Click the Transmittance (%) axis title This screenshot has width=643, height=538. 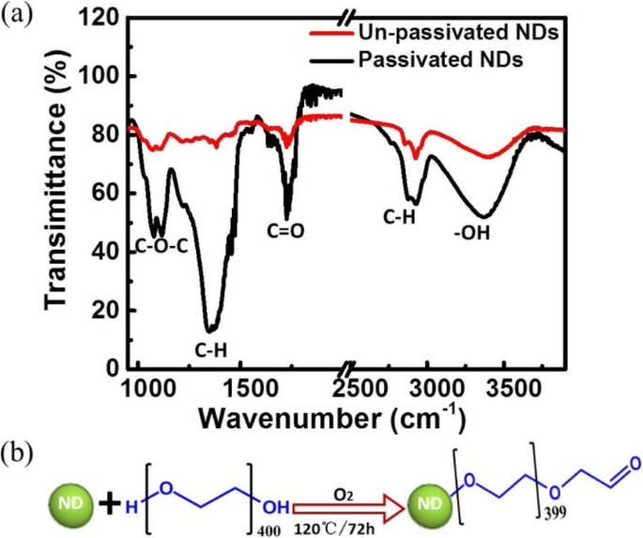[x=59, y=193]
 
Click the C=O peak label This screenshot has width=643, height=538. [x=286, y=228]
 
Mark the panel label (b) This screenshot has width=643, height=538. [x=21, y=456]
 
